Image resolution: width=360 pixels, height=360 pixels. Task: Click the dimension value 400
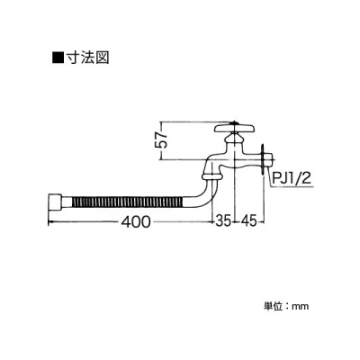point(135,222)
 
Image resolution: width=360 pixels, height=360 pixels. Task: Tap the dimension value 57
point(162,139)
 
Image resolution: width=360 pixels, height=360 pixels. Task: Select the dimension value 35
point(223,222)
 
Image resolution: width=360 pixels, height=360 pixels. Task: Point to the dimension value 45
point(248,222)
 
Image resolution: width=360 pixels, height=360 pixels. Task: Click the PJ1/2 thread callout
point(291,179)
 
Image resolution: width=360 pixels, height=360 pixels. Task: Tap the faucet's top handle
point(235,129)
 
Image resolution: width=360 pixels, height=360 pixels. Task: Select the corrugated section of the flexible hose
point(127,202)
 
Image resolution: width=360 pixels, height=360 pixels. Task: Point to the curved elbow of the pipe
point(203,195)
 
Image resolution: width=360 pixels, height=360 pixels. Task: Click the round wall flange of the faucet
point(263,158)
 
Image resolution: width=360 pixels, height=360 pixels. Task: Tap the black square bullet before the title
point(58,57)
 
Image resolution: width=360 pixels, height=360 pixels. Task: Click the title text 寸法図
point(87,57)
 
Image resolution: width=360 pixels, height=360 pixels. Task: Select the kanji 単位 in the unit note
point(273,306)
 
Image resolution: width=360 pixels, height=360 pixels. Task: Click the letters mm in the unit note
point(301,307)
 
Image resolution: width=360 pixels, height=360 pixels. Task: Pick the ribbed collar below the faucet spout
point(212,175)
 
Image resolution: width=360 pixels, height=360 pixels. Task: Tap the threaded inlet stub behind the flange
point(268,158)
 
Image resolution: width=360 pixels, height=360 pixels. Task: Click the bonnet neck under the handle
point(235,139)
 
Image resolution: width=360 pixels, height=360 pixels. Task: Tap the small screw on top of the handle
point(234,122)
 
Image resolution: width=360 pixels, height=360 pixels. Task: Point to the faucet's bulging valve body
point(232,160)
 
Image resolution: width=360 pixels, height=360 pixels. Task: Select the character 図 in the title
point(102,57)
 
